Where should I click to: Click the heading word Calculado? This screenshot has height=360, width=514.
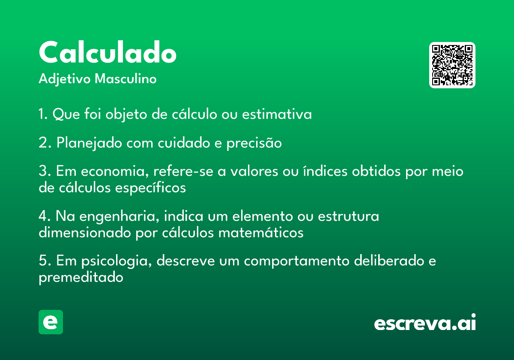tap(108, 52)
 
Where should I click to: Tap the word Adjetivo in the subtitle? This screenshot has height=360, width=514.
tap(65, 79)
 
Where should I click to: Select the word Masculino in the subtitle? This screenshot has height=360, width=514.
tap(126, 78)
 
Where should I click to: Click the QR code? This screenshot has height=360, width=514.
tap(452, 65)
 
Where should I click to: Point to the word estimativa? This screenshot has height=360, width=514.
tap(277, 114)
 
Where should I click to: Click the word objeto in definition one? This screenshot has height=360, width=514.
tap(126, 114)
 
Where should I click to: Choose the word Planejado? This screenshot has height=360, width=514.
tap(89, 143)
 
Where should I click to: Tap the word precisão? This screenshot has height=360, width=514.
tap(254, 143)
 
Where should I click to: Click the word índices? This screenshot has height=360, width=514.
tap(326, 171)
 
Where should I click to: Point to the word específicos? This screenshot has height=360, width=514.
tap(150, 188)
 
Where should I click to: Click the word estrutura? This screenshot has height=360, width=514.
tap(348, 216)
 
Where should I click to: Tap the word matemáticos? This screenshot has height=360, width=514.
tap(261, 233)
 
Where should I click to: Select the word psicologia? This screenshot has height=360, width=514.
tap(117, 261)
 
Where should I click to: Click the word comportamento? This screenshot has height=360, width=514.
tap(297, 261)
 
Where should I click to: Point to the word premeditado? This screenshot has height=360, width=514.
tap(81, 278)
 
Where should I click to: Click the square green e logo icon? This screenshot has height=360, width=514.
tap(51, 322)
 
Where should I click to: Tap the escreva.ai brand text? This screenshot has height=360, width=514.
tap(425, 322)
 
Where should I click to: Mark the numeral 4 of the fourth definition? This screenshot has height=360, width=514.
tap(43, 216)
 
